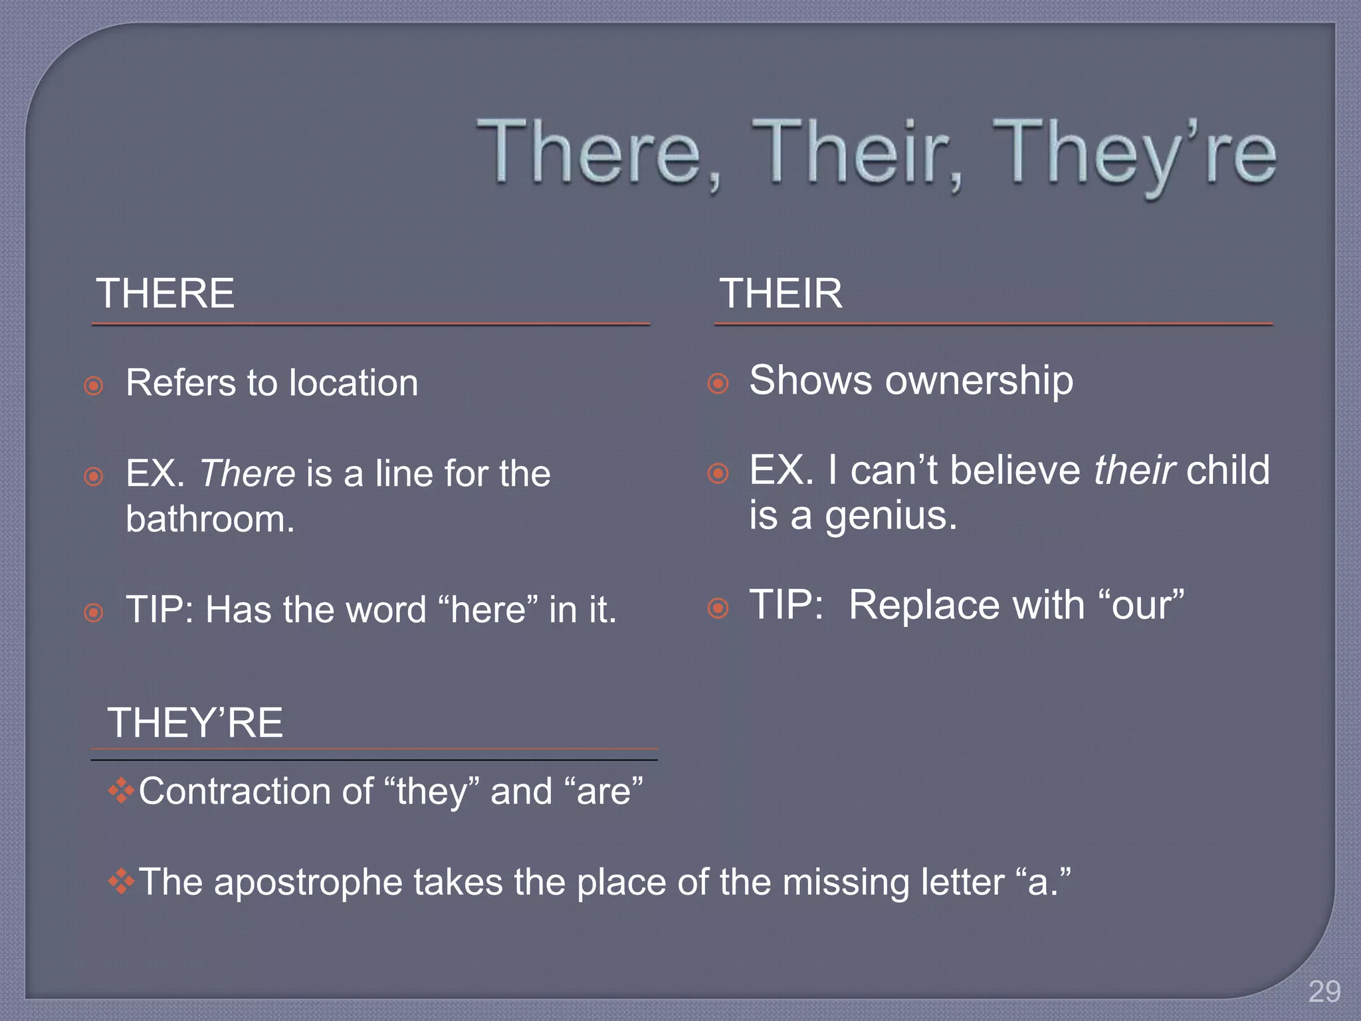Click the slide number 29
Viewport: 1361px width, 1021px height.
pyautogui.click(x=1324, y=992)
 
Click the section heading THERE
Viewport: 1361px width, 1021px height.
pyautogui.click(x=165, y=293)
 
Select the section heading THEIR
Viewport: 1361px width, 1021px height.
pyautogui.click(x=781, y=293)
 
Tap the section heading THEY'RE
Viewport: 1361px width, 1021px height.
pyautogui.click(x=195, y=723)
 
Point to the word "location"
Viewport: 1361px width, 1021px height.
pyautogui.click(x=354, y=384)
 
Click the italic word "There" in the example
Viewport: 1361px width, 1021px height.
pyautogui.click(x=247, y=474)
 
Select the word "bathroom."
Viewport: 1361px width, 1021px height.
pyautogui.click(x=210, y=519)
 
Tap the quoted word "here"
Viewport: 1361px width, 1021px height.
pyautogui.click(x=488, y=610)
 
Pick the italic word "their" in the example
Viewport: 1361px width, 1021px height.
pyautogui.click(x=1134, y=471)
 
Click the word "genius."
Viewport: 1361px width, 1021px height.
pyautogui.click(x=890, y=516)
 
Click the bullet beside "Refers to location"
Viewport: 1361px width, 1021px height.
pyautogui.click(x=94, y=386)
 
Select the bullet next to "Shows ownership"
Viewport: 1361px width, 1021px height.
pyautogui.click(x=718, y=384)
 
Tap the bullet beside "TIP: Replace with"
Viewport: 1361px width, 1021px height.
pyautogui.click(x=718, y=608)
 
